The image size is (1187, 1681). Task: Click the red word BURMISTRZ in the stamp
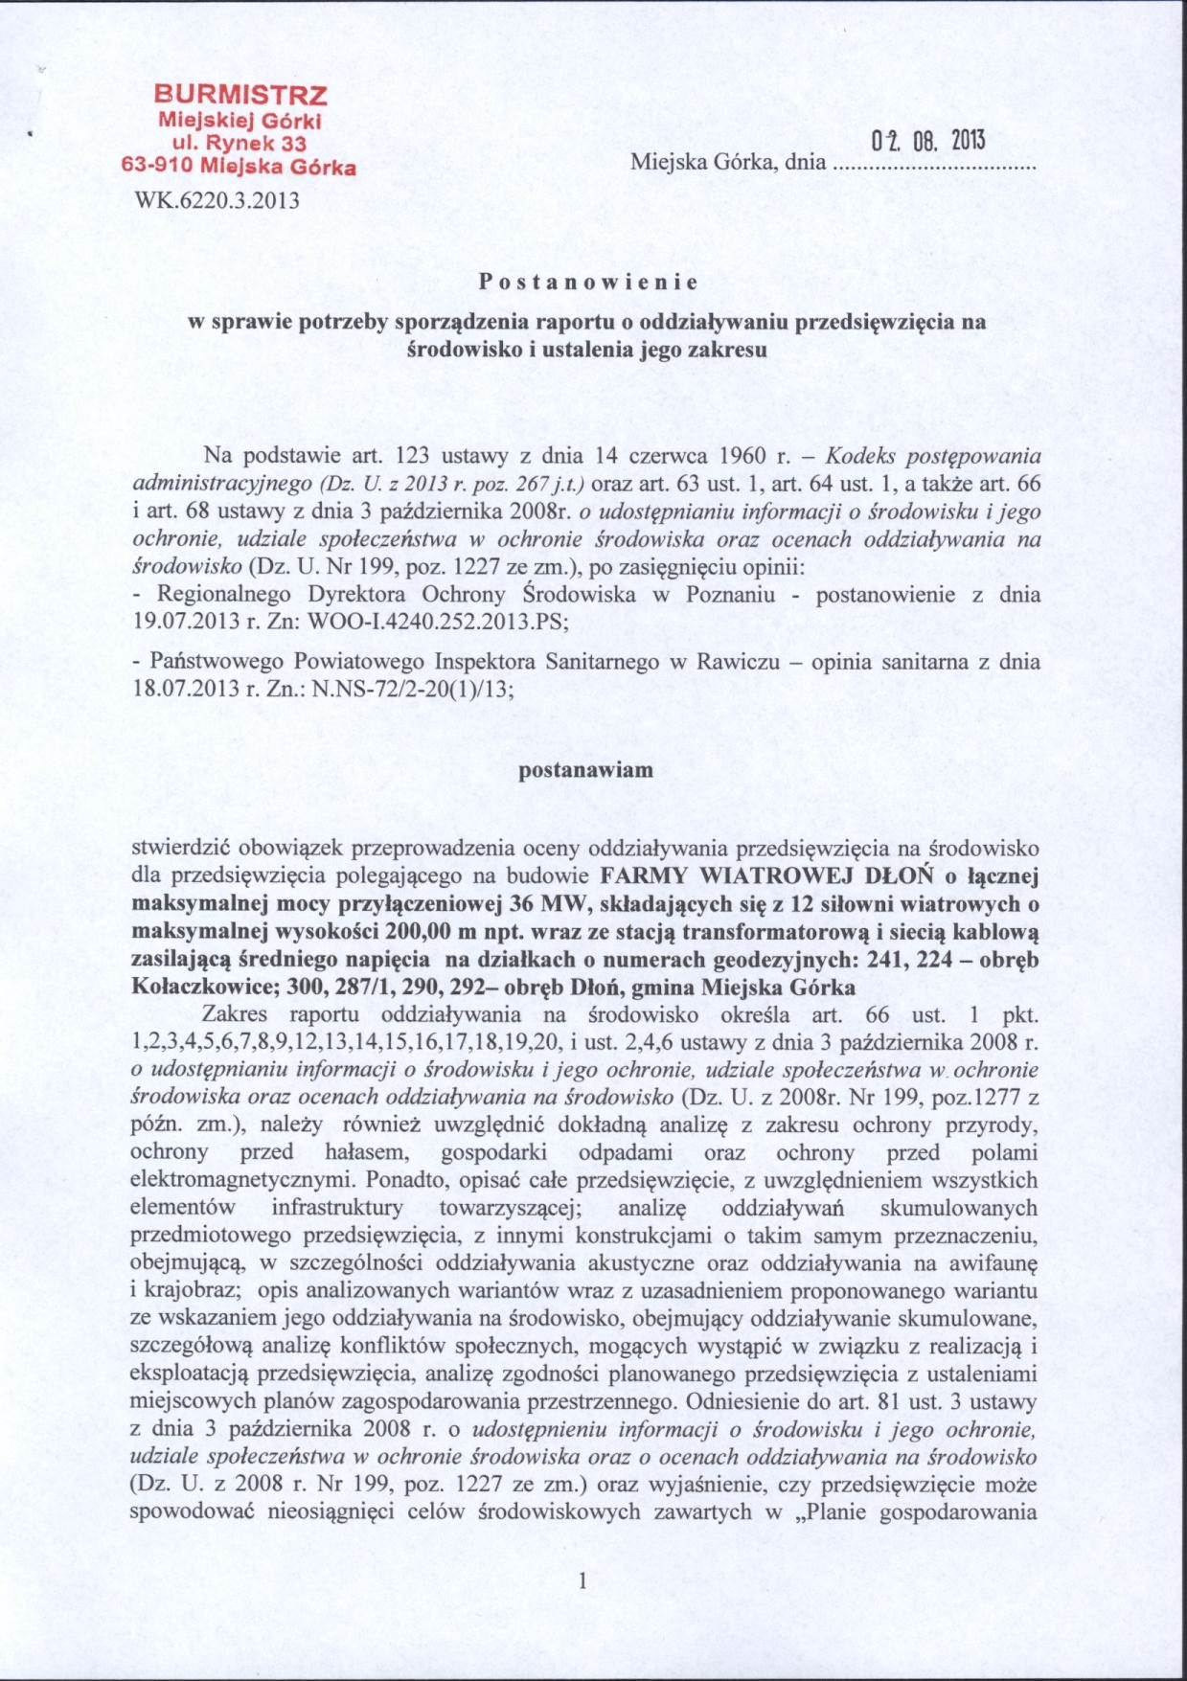tap(241, 96)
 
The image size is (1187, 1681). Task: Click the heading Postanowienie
tap(589, 283)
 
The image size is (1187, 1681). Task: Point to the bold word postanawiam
tap(585, 769)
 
